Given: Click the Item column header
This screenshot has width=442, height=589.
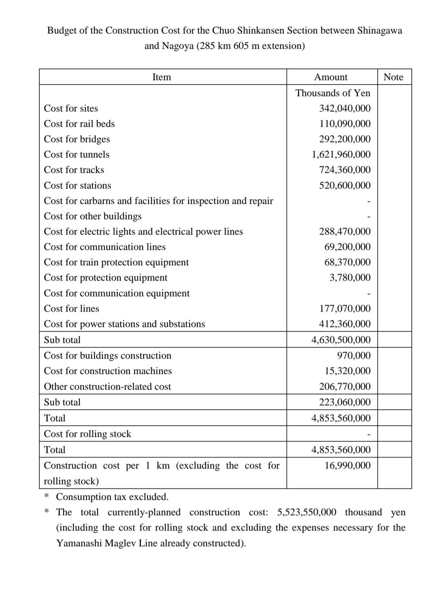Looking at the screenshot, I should pos(161,77).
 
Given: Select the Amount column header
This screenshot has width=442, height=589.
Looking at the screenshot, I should pos(331,77).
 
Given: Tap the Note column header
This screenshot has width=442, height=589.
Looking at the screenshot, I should pos(393,77).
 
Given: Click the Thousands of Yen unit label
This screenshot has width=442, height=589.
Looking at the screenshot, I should pos(333,93).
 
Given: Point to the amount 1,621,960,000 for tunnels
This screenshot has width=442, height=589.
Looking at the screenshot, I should pos(341,154).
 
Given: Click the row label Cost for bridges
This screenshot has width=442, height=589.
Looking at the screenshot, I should pos(77,139).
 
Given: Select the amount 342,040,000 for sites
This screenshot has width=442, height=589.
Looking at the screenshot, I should pos(345,108).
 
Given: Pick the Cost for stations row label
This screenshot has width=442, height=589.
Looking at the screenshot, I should pos(77,185).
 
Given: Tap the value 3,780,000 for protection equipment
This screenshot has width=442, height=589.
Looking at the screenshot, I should pos(350,277).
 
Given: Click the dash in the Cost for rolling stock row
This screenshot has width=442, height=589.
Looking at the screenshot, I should pos(369,435).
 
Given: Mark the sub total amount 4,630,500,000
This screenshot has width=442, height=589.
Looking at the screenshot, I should pos(341,340).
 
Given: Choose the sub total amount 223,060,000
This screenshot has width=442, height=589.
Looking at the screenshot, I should pos(345,402).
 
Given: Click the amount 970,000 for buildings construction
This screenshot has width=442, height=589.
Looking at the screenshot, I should pos(354,355).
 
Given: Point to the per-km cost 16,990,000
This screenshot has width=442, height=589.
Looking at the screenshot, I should pos(347,465).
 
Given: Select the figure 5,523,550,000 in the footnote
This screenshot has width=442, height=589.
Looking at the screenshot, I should pos(307,512).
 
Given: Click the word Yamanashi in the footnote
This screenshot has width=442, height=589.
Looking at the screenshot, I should pos(79,543).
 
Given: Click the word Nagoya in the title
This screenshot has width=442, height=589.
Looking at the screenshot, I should pos(177,46).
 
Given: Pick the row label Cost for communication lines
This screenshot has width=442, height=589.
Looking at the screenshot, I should pos(105,247).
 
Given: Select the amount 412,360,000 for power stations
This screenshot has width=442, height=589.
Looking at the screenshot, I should pos(345,324).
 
